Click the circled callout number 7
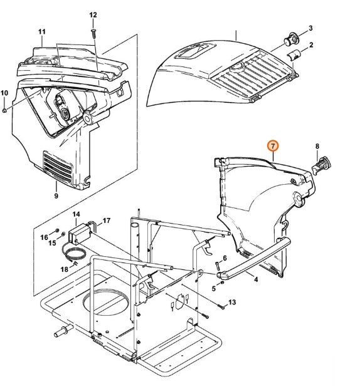point(272,146)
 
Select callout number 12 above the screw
point(93,14)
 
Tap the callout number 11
point(42,32)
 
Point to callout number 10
point(4,93)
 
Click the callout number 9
point(56,195)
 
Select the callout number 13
point(231,303)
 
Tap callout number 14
point(77,215)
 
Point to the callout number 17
point(107,220)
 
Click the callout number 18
point(63,269)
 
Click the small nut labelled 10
point(4,110)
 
